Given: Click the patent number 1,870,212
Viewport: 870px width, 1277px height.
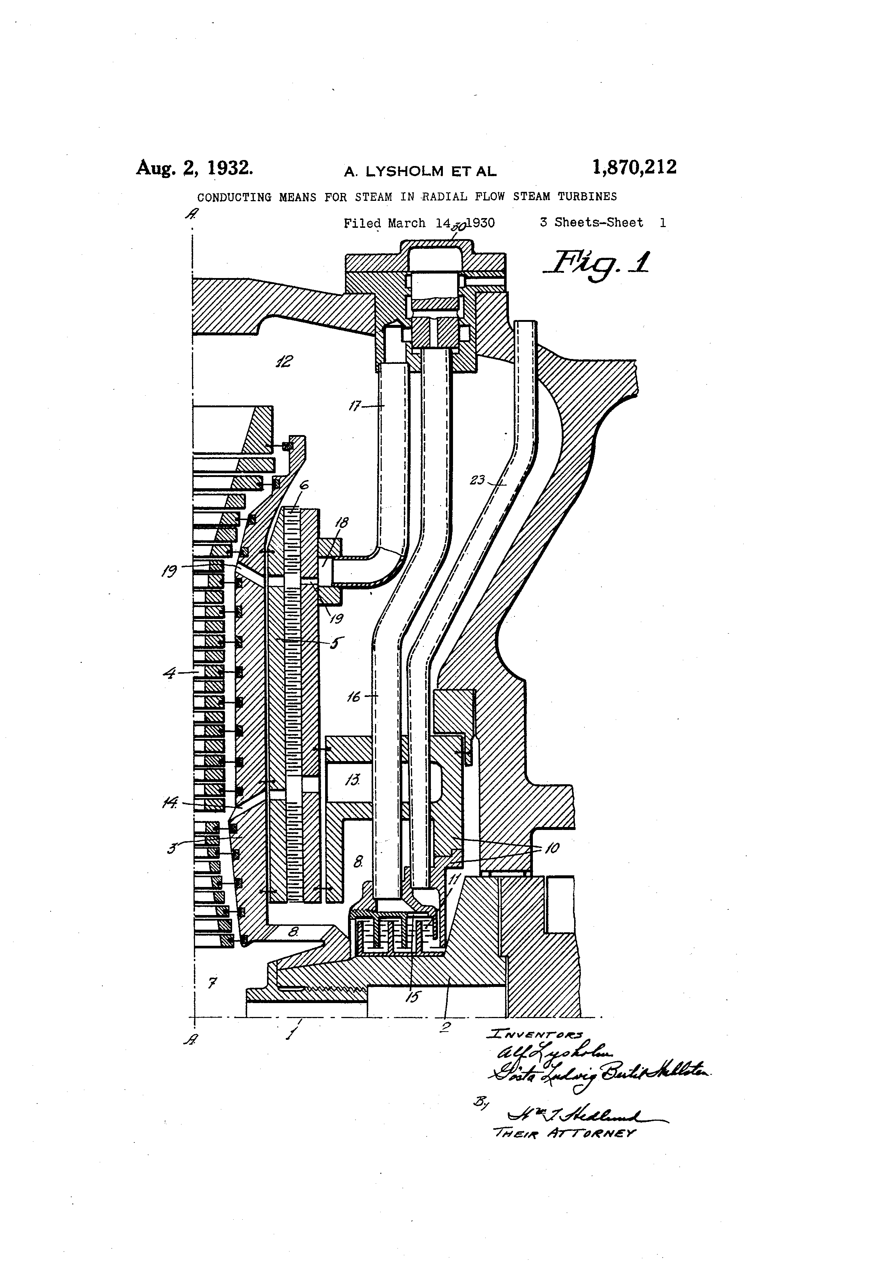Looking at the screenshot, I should pos(634,167).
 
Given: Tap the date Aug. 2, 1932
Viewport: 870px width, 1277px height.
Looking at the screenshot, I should pos(195,167).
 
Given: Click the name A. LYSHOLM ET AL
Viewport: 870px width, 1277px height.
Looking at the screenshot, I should pos(420,172).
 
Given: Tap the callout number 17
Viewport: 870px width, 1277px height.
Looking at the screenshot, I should pos(355,406).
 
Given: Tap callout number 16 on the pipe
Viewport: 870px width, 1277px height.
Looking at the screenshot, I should pos(354,697).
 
